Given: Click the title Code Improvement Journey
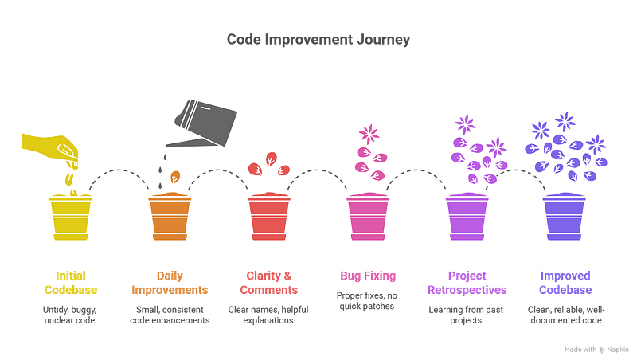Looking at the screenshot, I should click(318, 39).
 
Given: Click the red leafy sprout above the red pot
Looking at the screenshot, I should click(268, 170).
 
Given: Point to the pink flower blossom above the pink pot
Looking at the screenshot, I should click(367, 132).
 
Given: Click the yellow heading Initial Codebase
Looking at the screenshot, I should click(70, 281).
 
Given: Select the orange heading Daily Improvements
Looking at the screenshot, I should click(170, 281).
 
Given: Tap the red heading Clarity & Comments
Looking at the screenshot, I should click(268, 281).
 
